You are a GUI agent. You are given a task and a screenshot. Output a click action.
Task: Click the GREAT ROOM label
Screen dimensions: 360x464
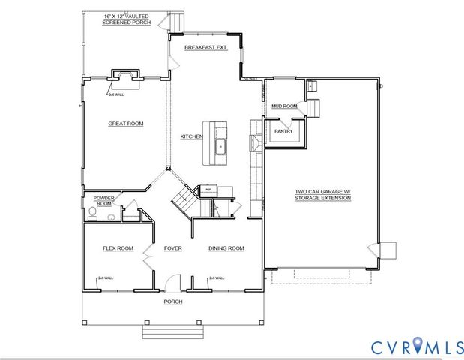coord(125,124)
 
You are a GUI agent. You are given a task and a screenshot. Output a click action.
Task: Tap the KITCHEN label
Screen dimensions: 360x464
coord(191,137)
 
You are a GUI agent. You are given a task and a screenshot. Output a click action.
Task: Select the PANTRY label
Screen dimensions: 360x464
coord(283,131)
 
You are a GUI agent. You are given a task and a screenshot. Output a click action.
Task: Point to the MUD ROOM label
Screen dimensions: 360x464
coord(284,106)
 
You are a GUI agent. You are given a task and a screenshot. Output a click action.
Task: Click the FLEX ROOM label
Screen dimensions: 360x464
coord(118,248)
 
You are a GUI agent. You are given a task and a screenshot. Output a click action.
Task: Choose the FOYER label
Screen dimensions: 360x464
coord(173,248)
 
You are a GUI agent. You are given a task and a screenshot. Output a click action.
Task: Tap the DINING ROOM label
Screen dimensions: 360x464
coord(226,248)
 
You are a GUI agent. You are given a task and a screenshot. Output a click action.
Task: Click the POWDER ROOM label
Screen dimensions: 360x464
coord(103,201)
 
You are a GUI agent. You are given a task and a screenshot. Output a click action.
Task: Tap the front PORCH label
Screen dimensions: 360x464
coord(173,301)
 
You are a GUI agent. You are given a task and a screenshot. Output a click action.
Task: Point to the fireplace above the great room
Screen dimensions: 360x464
coord(124,75)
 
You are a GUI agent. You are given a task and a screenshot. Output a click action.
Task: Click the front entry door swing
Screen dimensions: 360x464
coord(173,283)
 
